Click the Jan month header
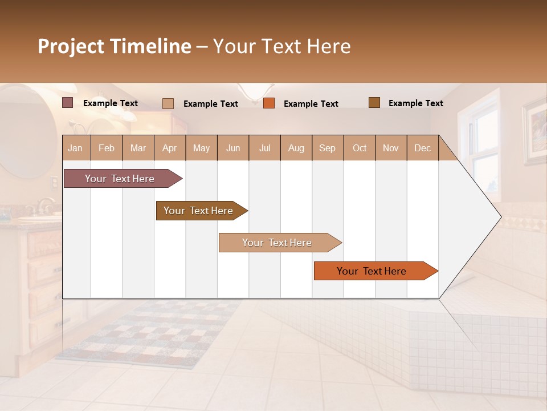pos(75,148)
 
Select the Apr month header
pos(169,148)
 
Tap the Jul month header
pos(264,148)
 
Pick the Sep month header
pos(327,148)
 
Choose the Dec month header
pos(422,148)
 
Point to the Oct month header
pos(360,148)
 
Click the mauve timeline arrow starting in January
pos(120,179)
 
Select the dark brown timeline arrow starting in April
pos(199,211)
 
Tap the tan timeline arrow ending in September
pos(277,243)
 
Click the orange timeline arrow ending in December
pos(372,271)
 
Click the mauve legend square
pos(68,103)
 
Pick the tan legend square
pos(168,103)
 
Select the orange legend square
pos(269,103)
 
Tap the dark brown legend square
pos(374,103)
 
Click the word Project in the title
pos(71,46)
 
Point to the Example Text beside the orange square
pos(311,104)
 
